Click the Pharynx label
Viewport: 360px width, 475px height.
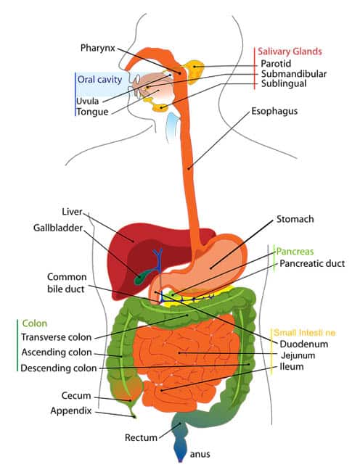coord(98,48)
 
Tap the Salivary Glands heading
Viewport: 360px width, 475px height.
coord(290,51)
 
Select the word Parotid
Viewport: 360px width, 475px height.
coord(276,64)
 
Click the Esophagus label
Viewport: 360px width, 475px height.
coord(274,111)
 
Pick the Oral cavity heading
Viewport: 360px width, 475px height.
coord(99,79)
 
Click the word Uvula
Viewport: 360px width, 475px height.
coord(88,102)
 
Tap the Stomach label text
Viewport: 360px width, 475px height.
coord(295,219)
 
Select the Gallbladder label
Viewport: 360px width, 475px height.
coord(58,228)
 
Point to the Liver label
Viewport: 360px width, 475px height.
coord(72,212)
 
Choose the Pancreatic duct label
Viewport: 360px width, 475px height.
coord(312,263)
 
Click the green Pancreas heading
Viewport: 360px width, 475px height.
coord(295,252)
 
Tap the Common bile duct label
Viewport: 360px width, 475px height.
coord(67,283)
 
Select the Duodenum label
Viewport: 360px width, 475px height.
coord(304,344)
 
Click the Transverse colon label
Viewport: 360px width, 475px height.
coord(57,337)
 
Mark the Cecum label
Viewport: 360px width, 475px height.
coord(76,396)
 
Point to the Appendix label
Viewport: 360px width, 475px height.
coord(71,411)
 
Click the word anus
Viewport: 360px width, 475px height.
coord(200,455)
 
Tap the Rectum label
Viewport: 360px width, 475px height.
coord(141,438)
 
